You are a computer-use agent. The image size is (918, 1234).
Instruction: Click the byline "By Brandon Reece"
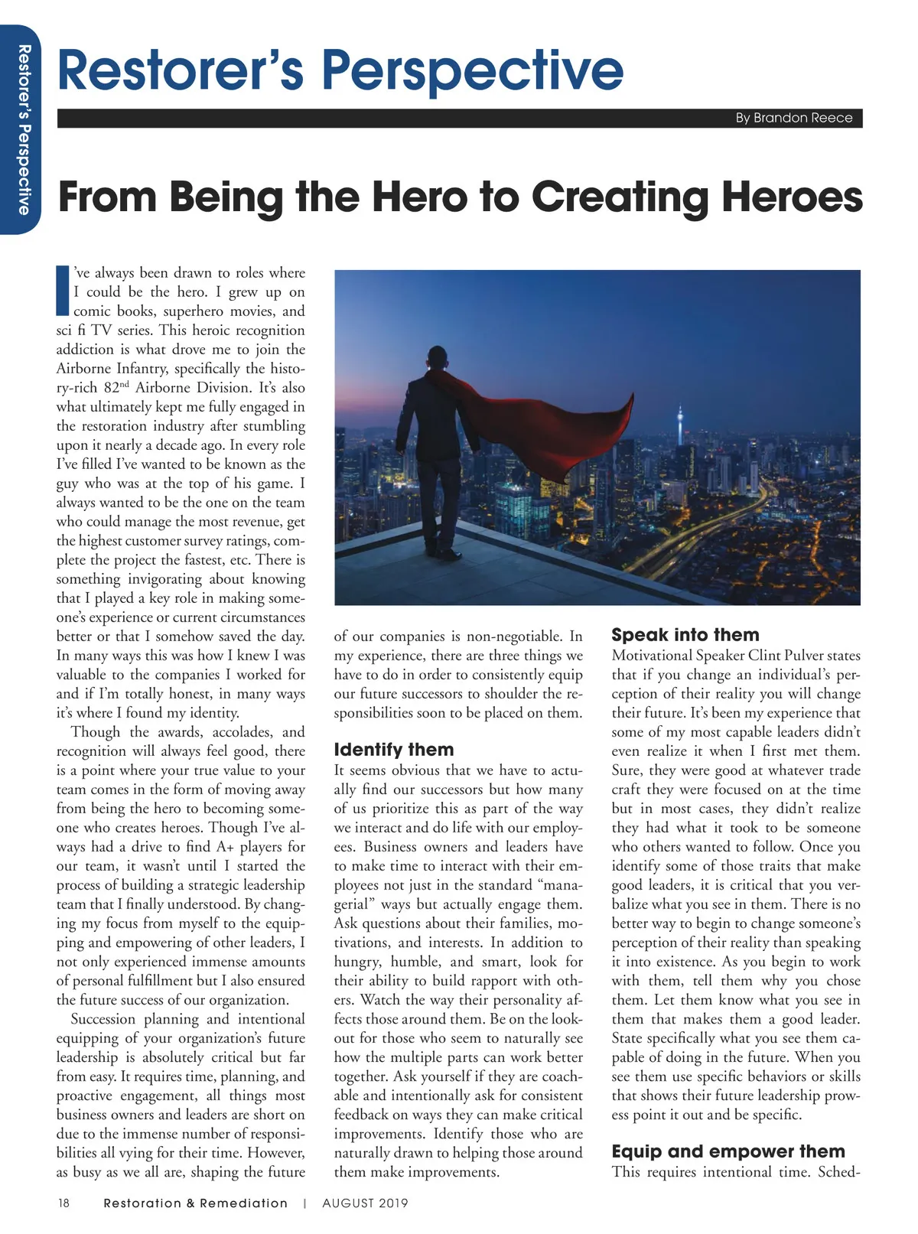coord(793,118)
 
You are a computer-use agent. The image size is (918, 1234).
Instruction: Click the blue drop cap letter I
coord(63,291)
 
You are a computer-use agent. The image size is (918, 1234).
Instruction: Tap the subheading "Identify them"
coord(394,750)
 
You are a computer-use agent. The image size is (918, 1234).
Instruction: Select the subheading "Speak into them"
coord(685,635)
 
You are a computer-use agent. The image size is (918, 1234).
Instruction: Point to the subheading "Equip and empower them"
coord(728,1151)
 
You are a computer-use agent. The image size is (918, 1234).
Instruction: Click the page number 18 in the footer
coord(63,1203)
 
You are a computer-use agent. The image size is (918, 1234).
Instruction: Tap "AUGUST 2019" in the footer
coord(365,1203)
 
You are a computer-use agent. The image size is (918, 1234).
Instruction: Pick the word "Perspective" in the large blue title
coord(472,70)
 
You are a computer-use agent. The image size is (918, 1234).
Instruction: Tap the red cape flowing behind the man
coord(551,428)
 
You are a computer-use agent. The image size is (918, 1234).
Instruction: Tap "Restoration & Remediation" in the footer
coord(195,1203)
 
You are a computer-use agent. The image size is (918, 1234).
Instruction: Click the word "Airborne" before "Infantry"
coord(85,369)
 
